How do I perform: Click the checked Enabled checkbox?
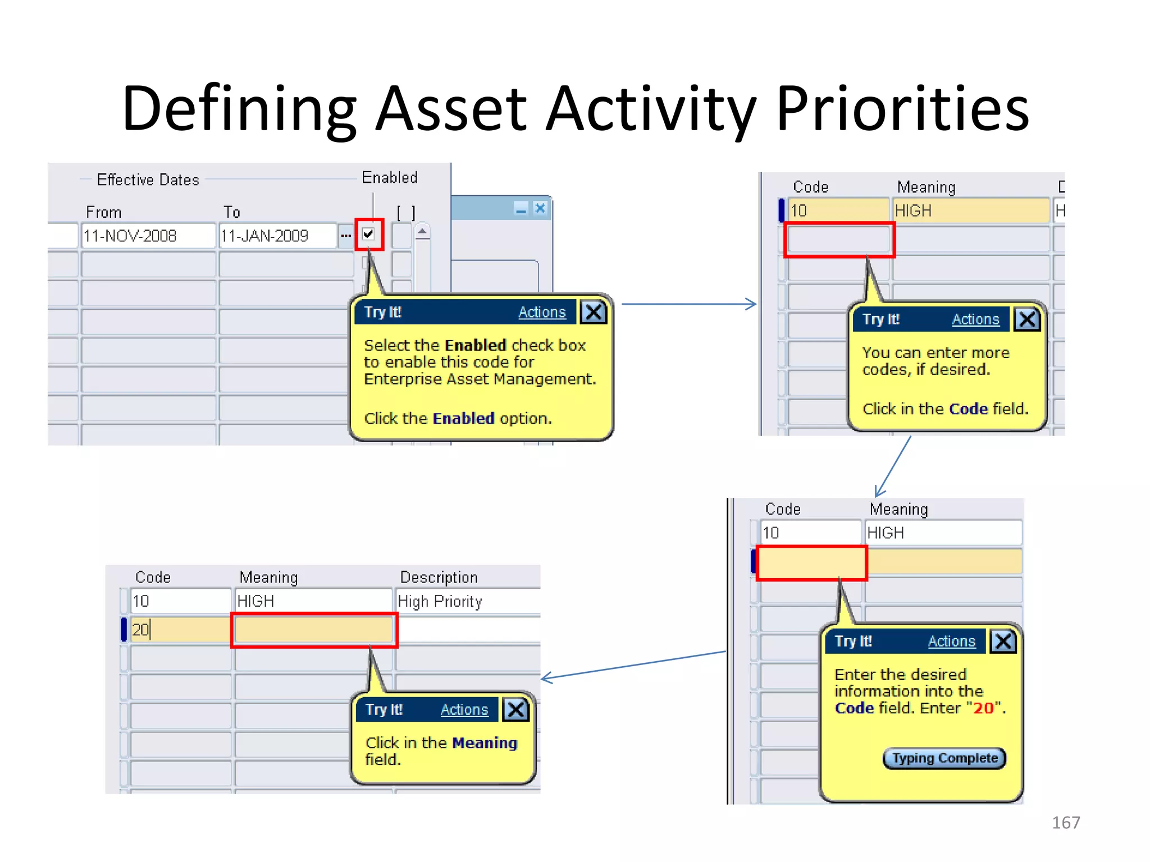pos(368,234)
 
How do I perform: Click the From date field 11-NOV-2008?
pos(148,236)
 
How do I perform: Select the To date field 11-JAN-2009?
pos(277,236)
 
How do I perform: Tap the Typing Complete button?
pos(944,758)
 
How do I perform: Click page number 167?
pos(1065,823)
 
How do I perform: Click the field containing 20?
pos(180,630)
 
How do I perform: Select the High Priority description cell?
pos(466,602)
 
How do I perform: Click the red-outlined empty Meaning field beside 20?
pos(314,630)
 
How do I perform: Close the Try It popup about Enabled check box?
pos(594,312)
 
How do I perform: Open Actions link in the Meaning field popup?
pos(464,710)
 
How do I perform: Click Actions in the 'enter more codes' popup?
pos(975,319)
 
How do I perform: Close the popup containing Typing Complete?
pos(1003,641)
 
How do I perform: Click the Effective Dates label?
pos(148,180)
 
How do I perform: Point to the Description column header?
pos(439,577)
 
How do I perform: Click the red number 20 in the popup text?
pos(983,708)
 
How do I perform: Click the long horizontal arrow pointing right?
pos(688,304)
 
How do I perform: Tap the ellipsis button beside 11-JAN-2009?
pos(345,236)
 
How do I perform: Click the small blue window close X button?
pos(540,209)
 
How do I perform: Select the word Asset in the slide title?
pos(451,108)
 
